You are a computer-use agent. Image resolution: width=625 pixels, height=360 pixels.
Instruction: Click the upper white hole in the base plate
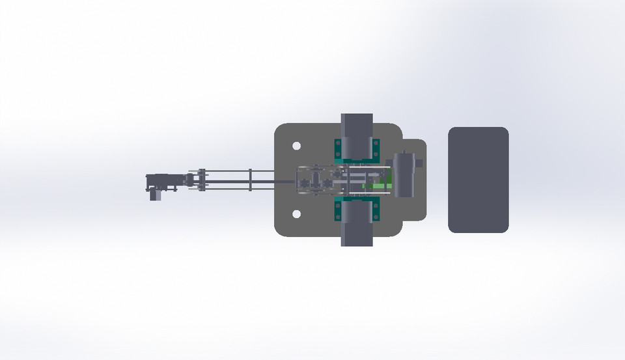pos(296,146)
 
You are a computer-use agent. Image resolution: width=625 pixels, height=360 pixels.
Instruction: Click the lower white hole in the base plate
pos(296,214)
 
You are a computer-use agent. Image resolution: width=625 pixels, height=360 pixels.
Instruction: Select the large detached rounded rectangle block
pos(478,180)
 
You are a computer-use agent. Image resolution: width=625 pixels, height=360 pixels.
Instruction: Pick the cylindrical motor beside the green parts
pos(404,174)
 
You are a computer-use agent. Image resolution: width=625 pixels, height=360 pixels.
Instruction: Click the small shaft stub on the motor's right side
pos(419,163)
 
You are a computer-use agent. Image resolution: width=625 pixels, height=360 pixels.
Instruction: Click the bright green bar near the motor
pos(374,186)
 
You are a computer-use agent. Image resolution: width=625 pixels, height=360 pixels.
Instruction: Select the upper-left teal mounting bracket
pos(338,150)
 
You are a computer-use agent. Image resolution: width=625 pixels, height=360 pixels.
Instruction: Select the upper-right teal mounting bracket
pos(376,150)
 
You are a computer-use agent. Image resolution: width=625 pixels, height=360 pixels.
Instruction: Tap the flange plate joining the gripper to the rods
pos(202,180)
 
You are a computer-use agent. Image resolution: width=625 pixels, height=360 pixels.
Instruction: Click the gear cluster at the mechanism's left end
pos(309,182)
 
